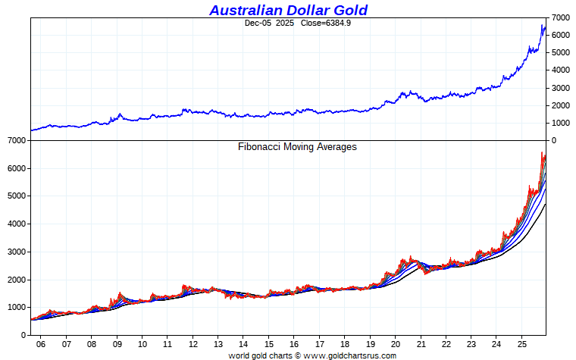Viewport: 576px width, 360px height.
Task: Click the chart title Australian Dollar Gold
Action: pyautogui.click(x=288, y=10)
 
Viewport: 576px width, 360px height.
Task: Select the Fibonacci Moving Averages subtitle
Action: pyautogui.click(x=297, y=147)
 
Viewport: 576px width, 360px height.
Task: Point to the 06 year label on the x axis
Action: pyautogui.click(x=41, y=343)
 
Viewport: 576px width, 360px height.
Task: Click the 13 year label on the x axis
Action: pyautogui.click(x=218, y=343)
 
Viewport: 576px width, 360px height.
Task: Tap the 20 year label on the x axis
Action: pyautogui.click(x=395, y=343)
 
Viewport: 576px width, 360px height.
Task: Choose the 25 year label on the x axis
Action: pyautogui.click(x=521, y=343)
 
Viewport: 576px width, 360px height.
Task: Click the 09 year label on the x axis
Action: pyautogui.click(x=117, y=343)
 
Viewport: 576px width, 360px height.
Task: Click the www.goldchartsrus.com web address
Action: pyautogui.click(x=349, y=355)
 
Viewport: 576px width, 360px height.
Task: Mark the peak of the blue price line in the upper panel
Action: pyautogui.click(x=543, y=26)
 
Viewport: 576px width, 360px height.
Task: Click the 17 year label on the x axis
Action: pyautogui.click(x=319, y=343)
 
